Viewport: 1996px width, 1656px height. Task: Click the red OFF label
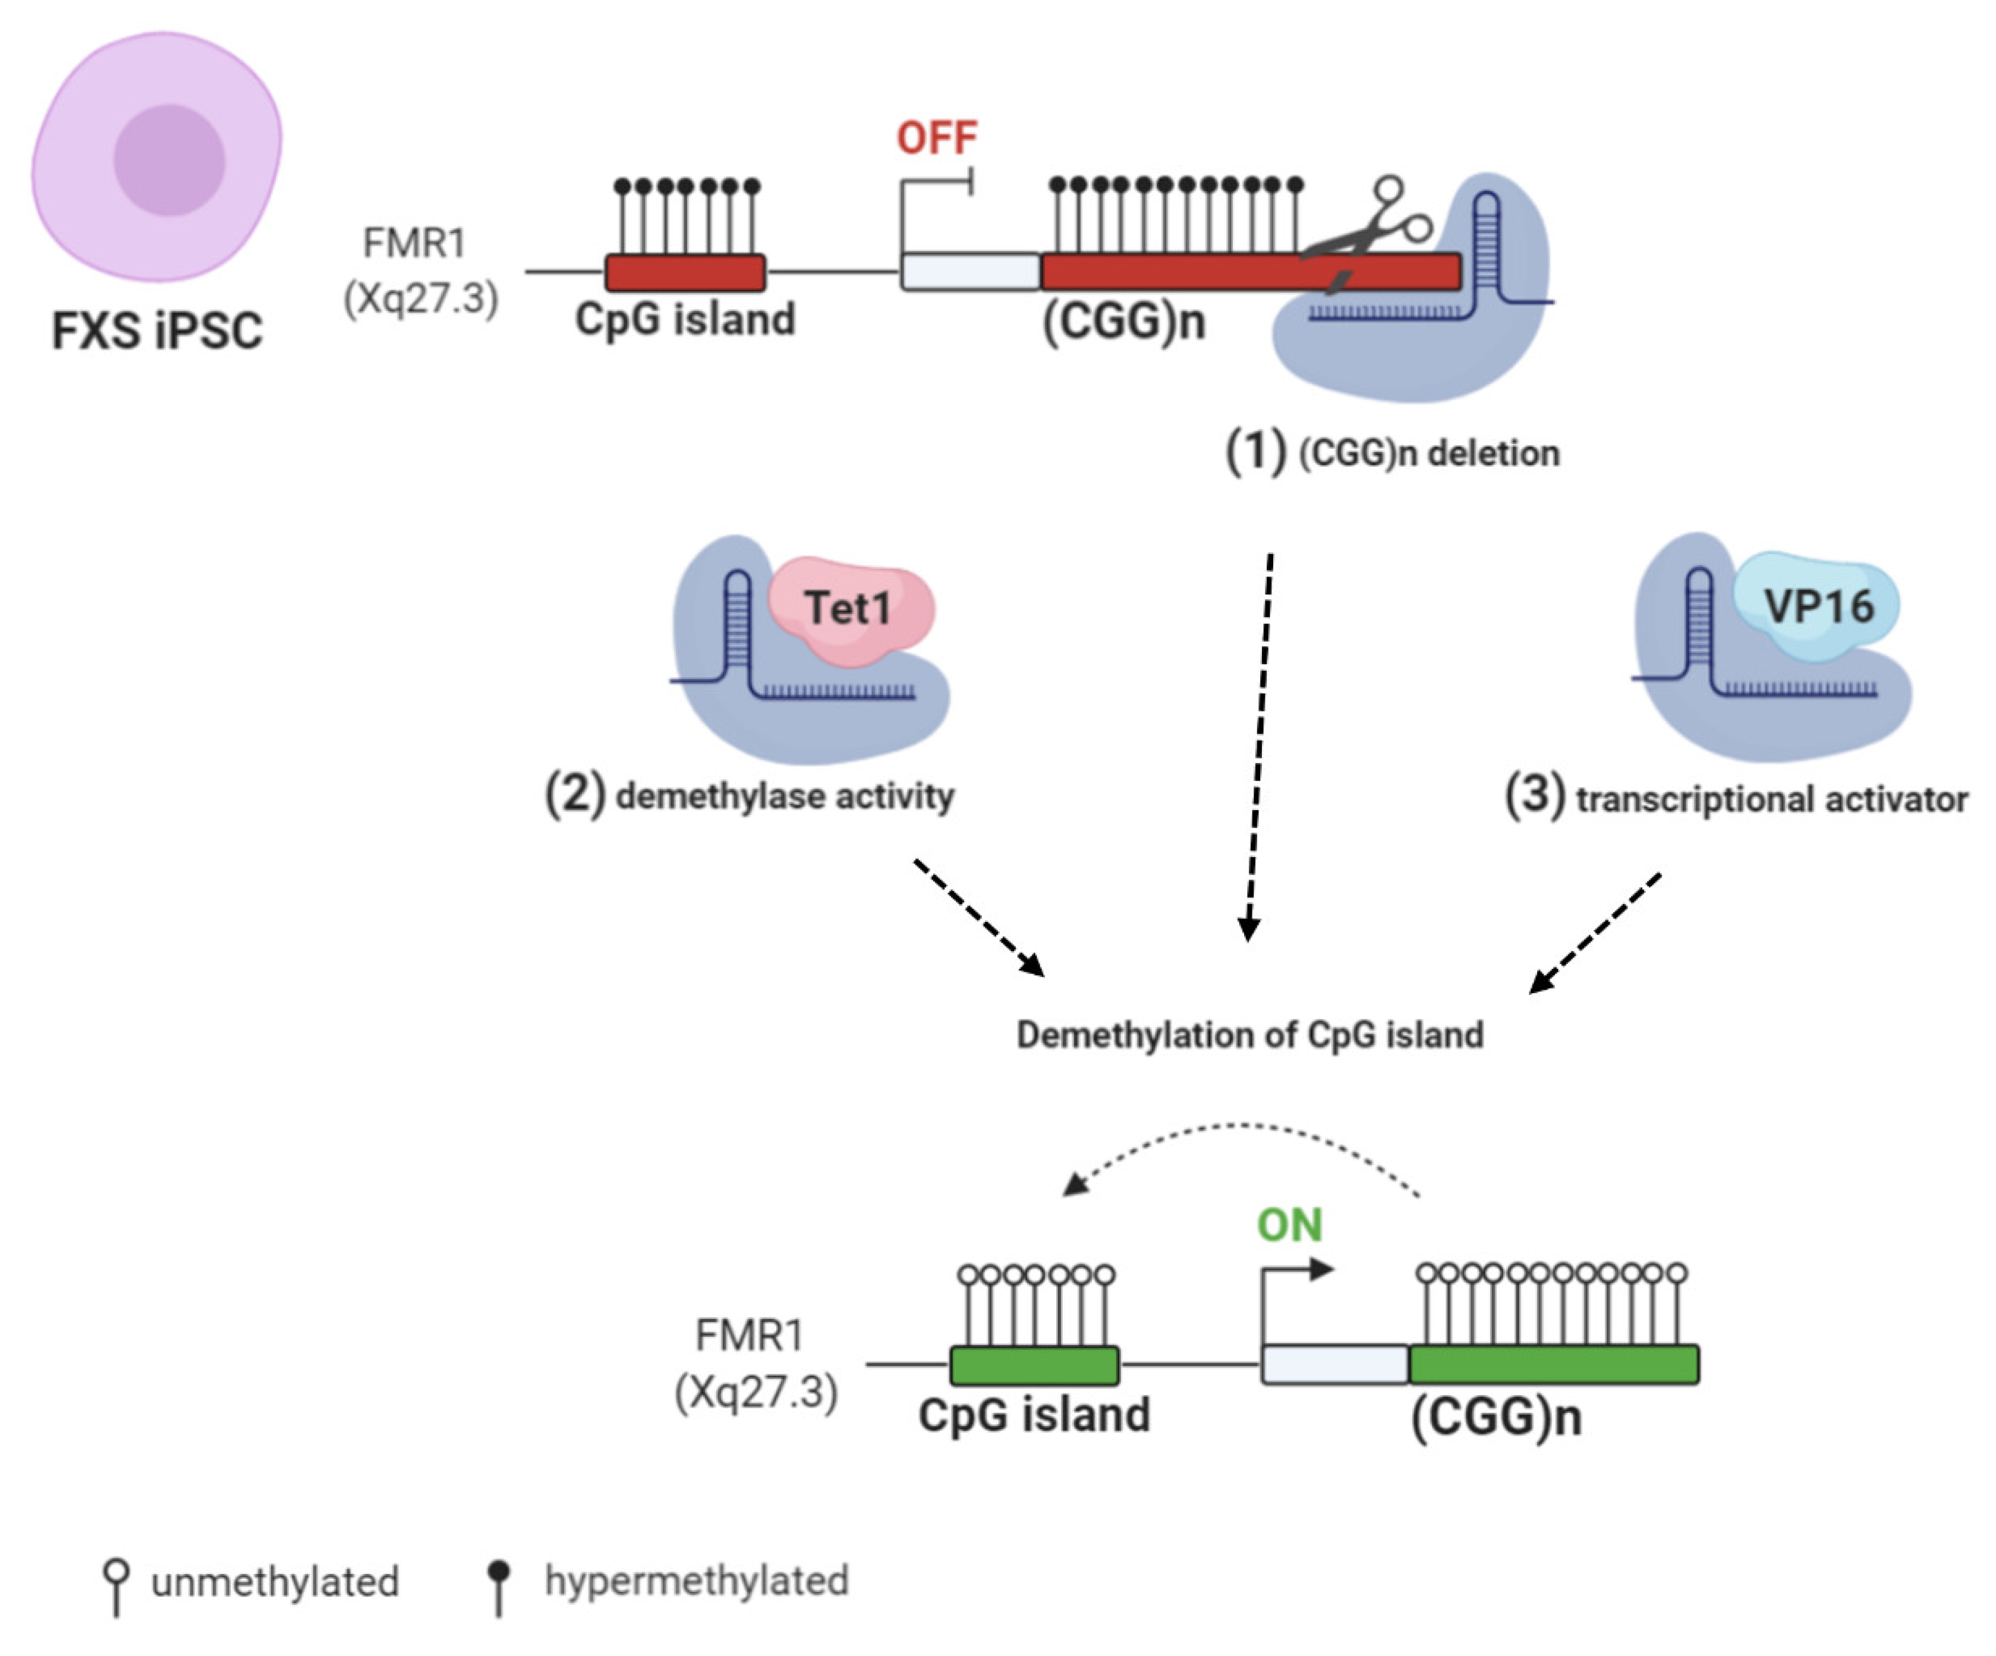coord(936,138)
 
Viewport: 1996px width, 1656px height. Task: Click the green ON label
coord(1289,1226)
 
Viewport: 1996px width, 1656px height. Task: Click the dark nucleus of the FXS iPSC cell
coord(169,160)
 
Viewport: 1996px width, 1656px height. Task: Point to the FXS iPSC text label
coord(157,331)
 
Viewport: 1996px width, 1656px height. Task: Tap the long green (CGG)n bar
coord(1553,1364)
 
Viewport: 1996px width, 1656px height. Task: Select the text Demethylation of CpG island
coord(1249,1034)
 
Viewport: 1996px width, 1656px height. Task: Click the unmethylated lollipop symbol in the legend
coord(116,1583)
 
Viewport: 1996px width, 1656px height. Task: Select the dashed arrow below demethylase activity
coord(979,917)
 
